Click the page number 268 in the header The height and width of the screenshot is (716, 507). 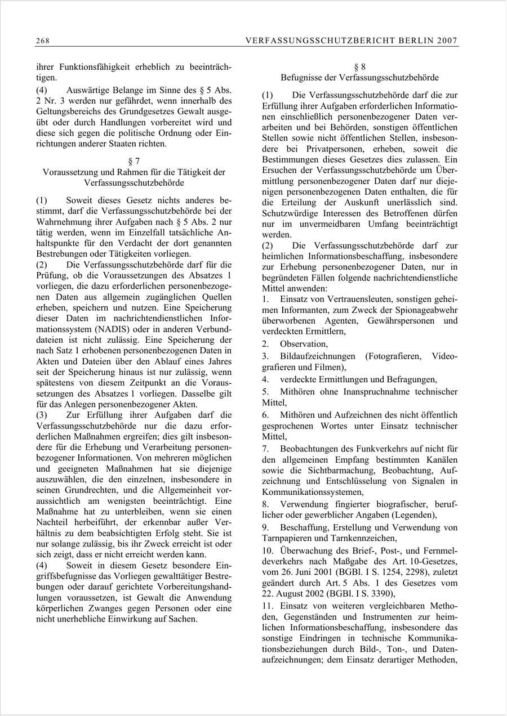tap(42, 41)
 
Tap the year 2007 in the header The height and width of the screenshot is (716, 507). tap(448, 41)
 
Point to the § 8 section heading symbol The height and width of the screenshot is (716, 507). tap(359, 67)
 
